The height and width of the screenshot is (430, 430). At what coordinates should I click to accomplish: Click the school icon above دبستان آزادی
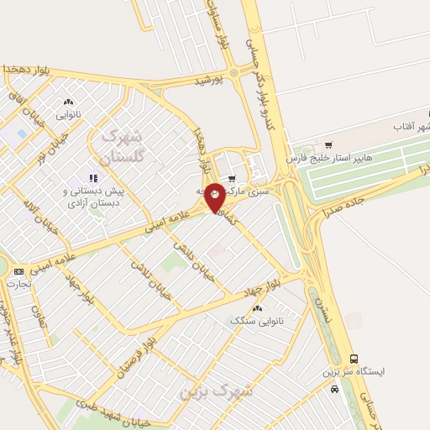[93, 178]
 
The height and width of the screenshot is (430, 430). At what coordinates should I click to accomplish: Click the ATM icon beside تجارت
[18, 271]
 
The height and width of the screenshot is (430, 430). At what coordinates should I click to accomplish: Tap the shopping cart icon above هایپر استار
[328, 144]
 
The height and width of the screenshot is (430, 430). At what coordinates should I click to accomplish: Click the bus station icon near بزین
[354, 358]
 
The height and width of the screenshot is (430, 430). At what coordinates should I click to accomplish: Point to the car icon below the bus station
[336, 390]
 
